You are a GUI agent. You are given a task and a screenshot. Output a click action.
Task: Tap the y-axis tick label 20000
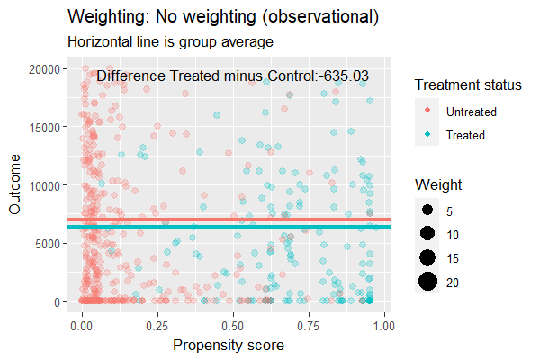(43, 68)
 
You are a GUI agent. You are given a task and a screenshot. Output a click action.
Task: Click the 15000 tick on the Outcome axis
(43, 127)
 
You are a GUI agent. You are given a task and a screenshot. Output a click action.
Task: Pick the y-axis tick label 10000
(43, 185)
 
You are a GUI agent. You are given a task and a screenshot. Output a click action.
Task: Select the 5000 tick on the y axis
(46, 243)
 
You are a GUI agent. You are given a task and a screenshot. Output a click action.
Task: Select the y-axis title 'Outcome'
(15, 185)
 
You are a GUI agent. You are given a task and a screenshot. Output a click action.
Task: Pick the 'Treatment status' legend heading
(468, 85)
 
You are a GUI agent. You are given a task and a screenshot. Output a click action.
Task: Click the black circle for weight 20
(427, 283)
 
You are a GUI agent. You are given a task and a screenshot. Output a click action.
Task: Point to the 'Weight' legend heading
(438, 184)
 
